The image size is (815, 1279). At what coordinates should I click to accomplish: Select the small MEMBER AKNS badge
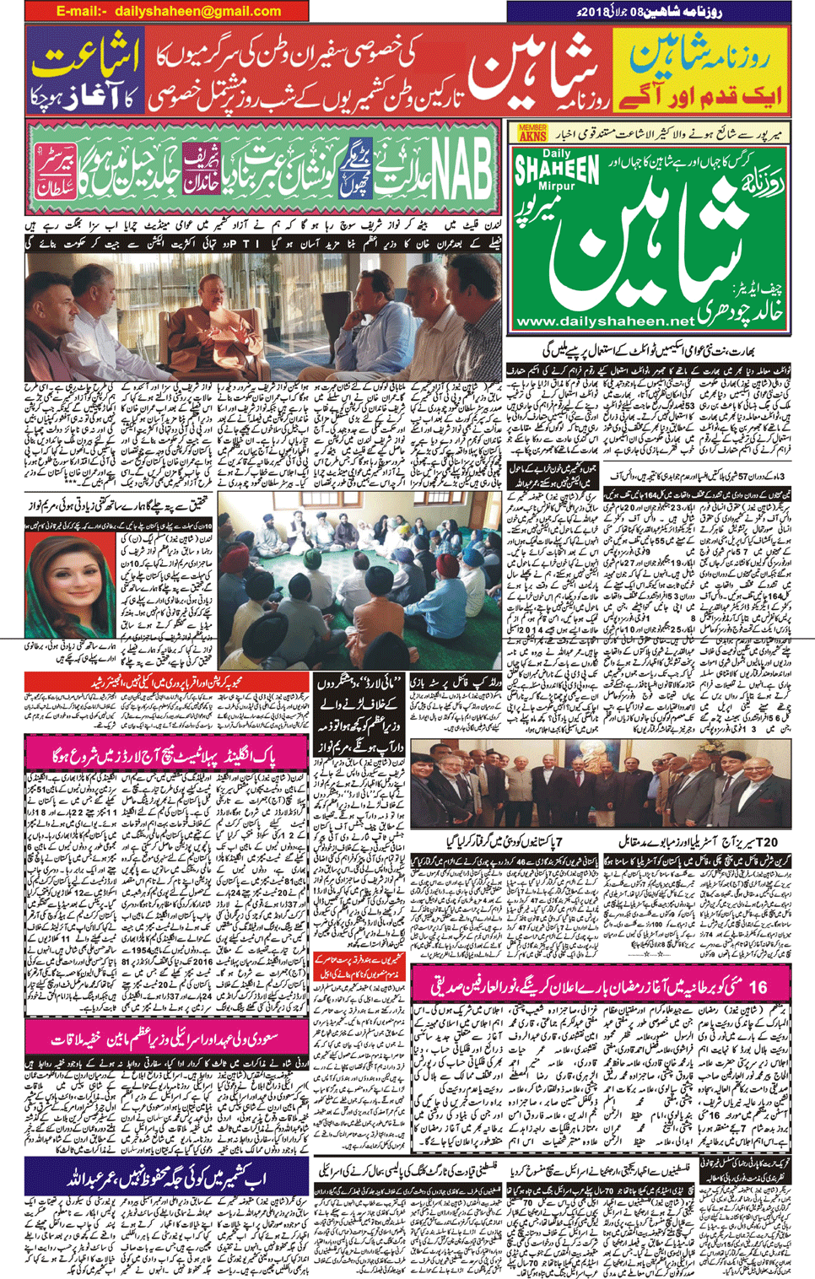532,132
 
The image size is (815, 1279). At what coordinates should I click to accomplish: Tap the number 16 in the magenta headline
758,985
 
